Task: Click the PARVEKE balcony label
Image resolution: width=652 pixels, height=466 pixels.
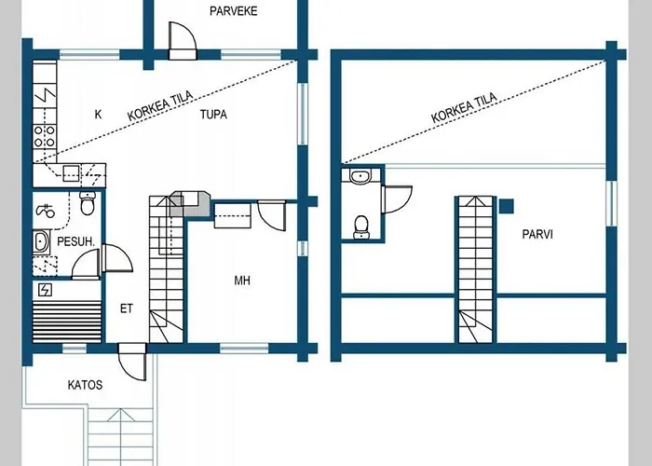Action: click(233, 11)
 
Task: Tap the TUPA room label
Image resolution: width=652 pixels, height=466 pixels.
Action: click(213, 115)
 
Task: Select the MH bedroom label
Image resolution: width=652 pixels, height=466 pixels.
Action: click(242, 281)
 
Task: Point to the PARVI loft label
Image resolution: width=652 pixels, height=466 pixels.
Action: click(537, 234)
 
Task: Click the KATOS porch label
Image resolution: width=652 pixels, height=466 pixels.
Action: click(85, 385)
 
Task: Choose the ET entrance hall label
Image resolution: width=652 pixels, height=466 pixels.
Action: click(127, 308)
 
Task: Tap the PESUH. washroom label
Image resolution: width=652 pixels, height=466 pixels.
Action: click(76, 241)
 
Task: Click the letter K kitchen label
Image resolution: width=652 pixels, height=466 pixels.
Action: click(98, 115)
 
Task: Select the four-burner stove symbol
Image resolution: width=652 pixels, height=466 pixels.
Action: click(45, 136)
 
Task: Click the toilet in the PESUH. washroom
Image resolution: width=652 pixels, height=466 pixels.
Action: click(88, 203)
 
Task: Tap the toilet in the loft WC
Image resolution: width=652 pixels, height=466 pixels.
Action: click(361, 227)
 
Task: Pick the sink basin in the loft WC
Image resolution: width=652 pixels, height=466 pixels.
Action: click(360, 176)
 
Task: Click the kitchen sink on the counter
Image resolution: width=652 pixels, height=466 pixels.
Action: click(71, 173)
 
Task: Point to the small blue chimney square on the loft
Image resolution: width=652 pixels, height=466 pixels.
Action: click(506, 206)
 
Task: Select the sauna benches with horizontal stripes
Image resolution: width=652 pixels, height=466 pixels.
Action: click(67, 322)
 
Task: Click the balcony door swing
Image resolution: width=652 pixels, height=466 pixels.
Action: click(183, 40)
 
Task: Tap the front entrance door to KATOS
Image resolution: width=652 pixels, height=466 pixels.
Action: click(132, 362)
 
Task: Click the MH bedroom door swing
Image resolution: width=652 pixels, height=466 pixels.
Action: click(272, 215)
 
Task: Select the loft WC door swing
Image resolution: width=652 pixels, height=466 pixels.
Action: click(397, 199)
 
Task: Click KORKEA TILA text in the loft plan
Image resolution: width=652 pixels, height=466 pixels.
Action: click(464, 108)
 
